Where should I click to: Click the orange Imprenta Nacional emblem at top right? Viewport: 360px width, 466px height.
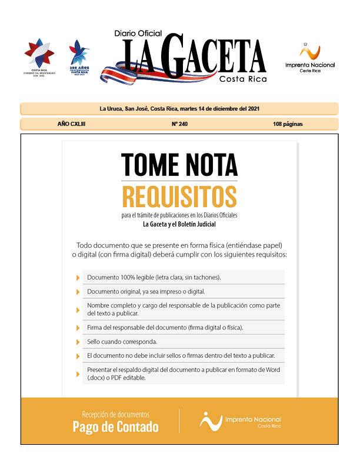[309, 51]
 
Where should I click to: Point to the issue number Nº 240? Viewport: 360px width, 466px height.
[179, 124]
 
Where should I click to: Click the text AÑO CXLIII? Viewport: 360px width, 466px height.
[71, 124]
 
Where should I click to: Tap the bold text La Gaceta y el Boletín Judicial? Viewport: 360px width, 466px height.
[179, 224]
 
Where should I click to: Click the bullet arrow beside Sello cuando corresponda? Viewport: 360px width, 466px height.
[78, 342]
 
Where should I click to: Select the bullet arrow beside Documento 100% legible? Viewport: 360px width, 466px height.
[78, 277]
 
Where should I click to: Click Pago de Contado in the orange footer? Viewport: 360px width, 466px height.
[115, 427]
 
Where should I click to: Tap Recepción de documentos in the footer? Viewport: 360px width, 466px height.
[115, 414]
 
